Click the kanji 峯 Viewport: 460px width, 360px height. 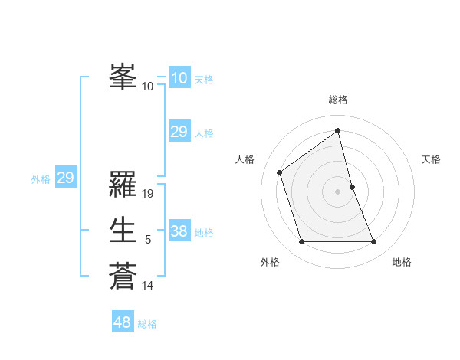pos(123,77)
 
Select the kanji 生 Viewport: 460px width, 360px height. pos(123,230)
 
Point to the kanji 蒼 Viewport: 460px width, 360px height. pos(123,274)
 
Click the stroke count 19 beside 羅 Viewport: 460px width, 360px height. pos(149,194)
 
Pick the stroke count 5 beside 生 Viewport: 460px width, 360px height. pos(148,240)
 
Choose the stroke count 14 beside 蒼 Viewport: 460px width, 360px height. pos(148,286)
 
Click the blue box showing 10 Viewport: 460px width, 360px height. pos(179,78)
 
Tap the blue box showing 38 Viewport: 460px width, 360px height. pos(179,231)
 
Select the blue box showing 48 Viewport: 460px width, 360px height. pos(123,322)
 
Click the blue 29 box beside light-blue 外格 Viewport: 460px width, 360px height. pos(65,178)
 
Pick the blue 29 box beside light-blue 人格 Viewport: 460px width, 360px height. pos(179,132)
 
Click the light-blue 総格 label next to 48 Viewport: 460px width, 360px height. pos(147,324)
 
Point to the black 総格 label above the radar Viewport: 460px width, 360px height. pos(338,100)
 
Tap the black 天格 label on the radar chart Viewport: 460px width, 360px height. pos(432,159)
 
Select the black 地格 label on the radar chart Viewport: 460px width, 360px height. pos(402,262)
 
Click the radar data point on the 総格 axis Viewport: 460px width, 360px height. pos(338,131)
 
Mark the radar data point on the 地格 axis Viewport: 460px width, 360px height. pos(374,242)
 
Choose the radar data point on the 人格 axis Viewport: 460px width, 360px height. pos(280,172)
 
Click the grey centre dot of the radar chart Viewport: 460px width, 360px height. pos(338,191)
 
